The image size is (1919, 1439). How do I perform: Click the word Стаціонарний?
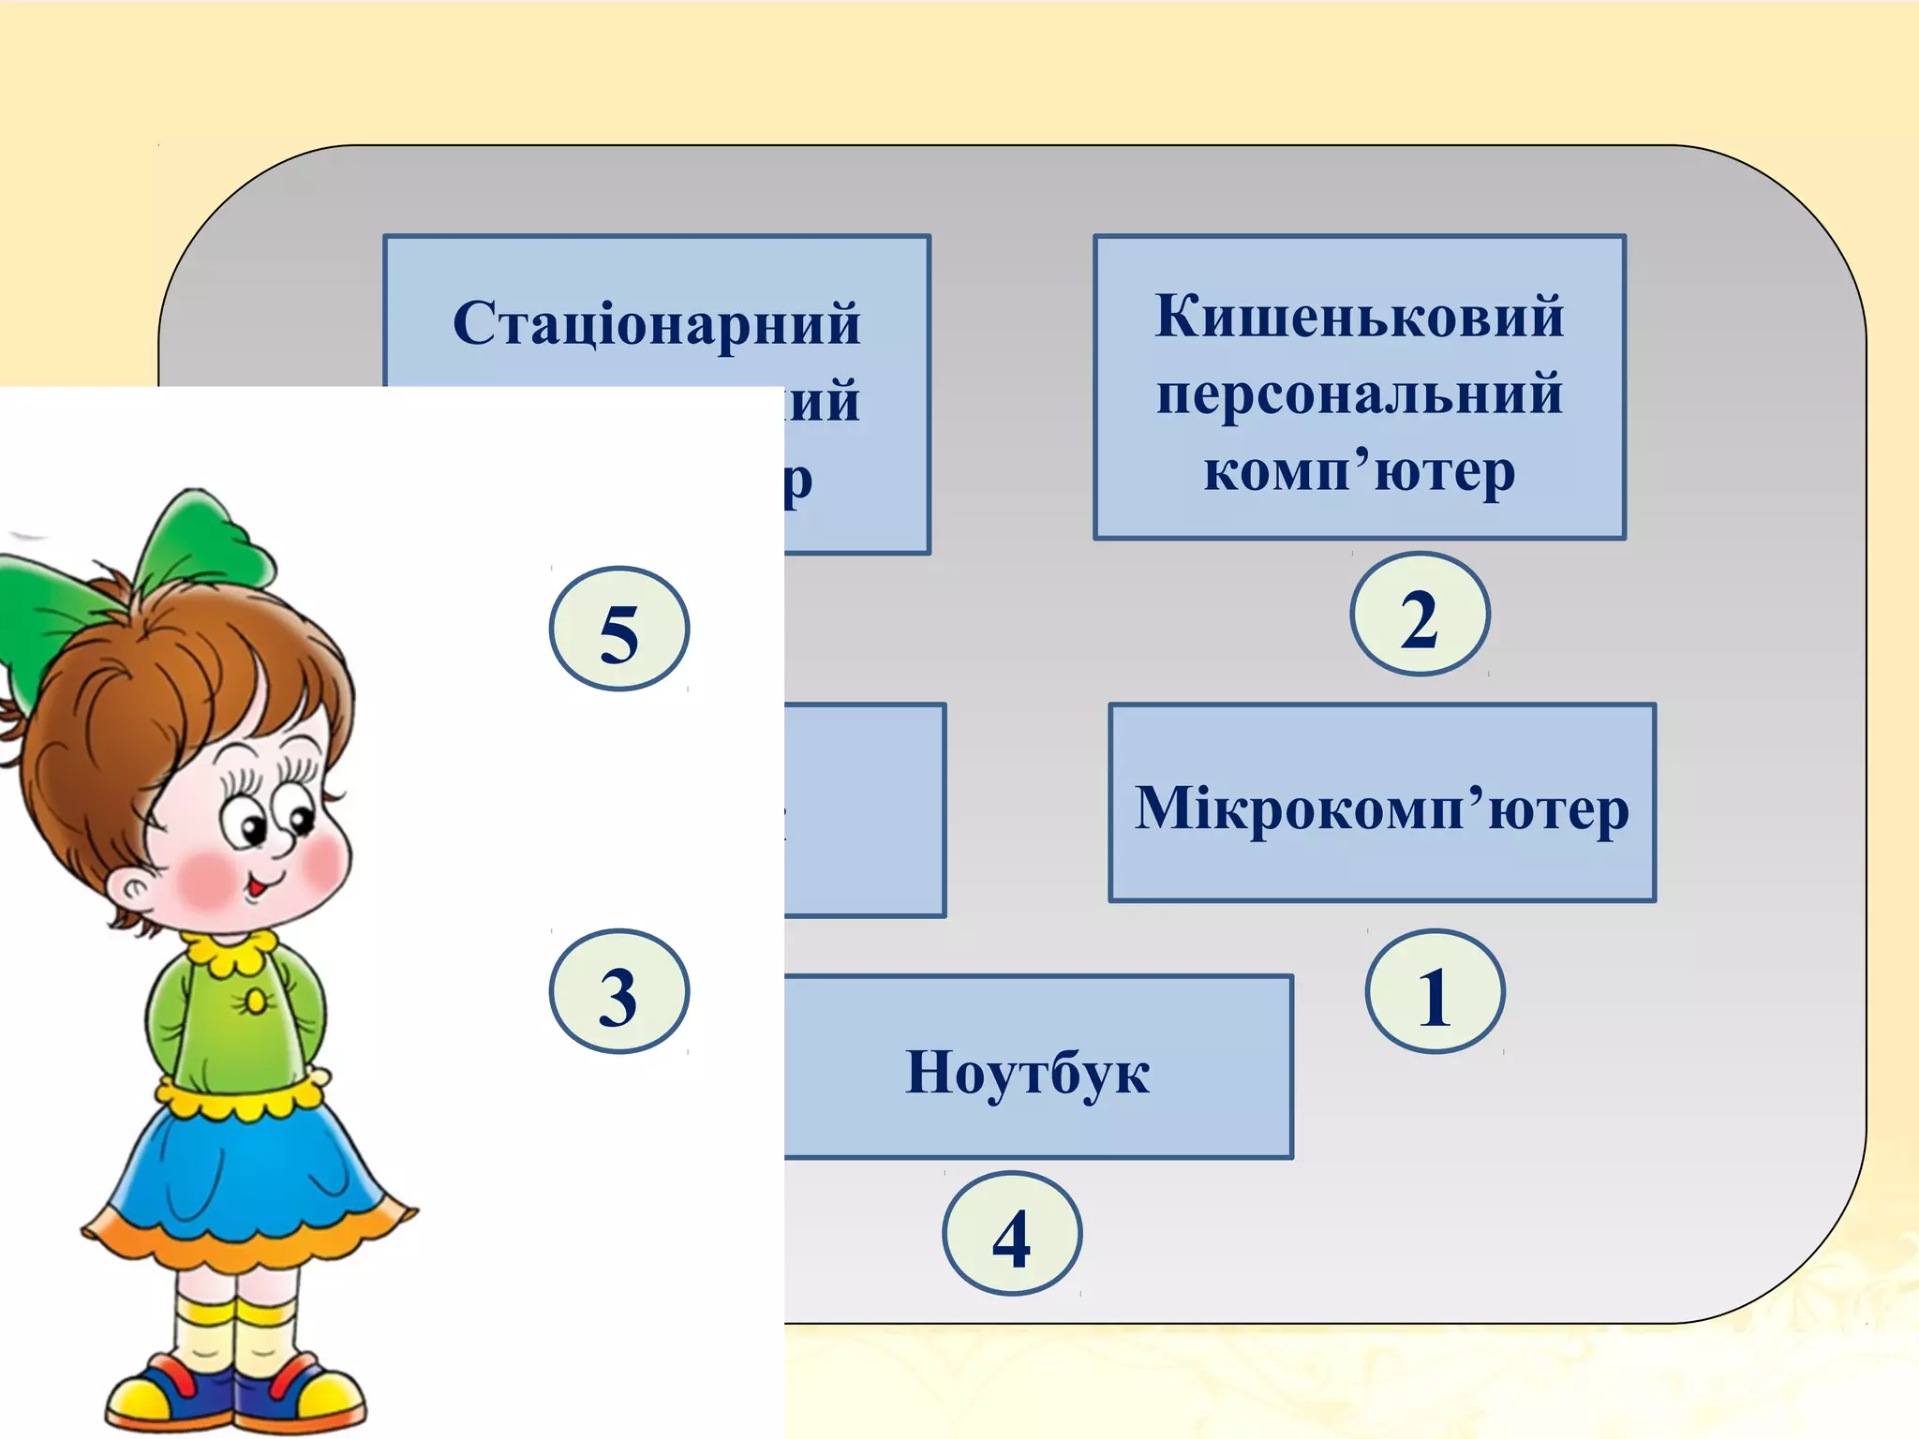click(656, 324)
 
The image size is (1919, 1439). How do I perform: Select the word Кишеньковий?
click(1359, 317)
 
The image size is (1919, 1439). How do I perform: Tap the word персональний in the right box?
click(1359, 393)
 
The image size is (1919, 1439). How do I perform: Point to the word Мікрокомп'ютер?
click(1381, 808)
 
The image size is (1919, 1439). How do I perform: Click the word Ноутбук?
click(1027, 1072)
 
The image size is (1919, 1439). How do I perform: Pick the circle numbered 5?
click(618, 630)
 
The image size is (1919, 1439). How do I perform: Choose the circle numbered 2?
click(1419, 615)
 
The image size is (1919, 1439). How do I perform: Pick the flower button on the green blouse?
click(255, 1002)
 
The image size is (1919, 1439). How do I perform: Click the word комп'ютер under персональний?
click(1359, 470)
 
